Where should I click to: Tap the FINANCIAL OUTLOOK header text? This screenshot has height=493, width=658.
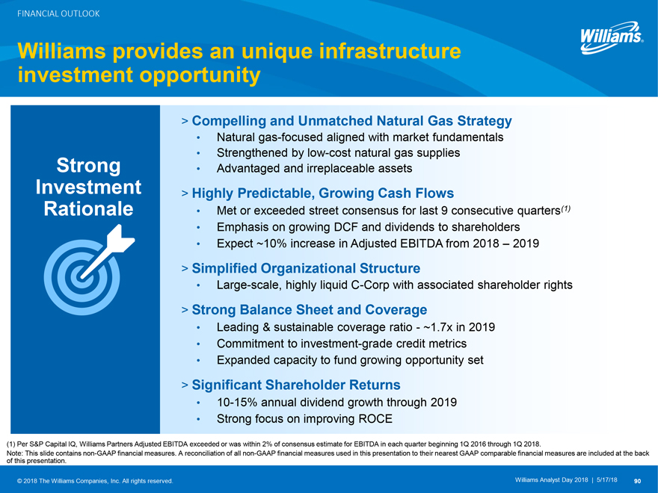click(x=58, y=14)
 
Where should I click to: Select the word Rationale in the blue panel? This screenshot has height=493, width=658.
click(x=88, y=208)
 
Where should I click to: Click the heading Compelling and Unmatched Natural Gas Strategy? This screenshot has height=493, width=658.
click(x=351, y=121)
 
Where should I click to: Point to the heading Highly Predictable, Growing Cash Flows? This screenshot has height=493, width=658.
click(x=323, y=193)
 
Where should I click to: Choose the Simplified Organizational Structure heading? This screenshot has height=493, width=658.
click(x=306, y=268)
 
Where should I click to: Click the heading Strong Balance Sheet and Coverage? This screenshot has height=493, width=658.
click(x=310, y=310)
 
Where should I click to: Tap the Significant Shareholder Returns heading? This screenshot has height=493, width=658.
click(x=296, y=385)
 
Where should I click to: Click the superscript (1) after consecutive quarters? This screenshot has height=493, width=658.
click(x=566, y=208)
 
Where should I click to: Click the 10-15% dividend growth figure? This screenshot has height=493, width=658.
click(x=237, y=403)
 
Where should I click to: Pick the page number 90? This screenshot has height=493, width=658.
click(x=637, y=481)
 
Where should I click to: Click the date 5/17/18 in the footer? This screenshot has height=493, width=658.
click(x=606, y=480)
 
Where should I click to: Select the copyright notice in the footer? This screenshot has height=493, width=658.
click(x=95, y=481)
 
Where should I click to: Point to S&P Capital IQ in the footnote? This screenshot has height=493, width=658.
click(x=54, y=444)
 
